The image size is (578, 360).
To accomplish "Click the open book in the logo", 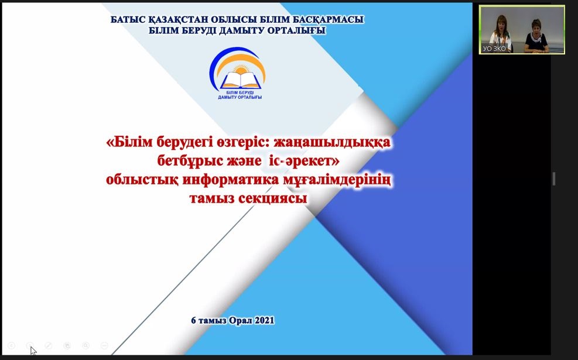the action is [x=240, y=80].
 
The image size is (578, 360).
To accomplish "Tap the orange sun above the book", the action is [x=241, y=69].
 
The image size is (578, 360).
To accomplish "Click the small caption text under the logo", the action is [x=240, y=95].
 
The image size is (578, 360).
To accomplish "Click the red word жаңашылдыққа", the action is [x=330, y=142].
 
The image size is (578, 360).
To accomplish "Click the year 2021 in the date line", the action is [x=265, y=320].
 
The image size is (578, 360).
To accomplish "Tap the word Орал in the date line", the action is [x=241, y=320].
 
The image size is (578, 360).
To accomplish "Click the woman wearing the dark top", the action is [x=536, y=36].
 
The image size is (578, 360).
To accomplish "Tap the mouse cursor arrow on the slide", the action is [x=33, y=351].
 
